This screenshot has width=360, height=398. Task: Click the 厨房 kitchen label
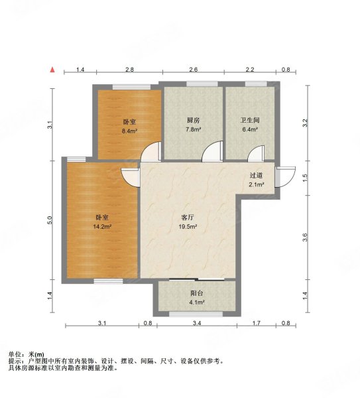point(193,121)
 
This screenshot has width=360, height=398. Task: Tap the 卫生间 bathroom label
point(249,121)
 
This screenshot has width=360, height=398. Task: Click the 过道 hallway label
point(257,176)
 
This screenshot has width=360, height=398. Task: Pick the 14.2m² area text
point(102,226)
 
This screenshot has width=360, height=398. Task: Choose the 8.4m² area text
point(130,131)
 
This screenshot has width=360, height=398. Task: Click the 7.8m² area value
point(193,130)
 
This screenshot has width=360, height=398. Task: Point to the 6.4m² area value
point(249,130)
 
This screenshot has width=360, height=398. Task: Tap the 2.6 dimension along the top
point(193,70)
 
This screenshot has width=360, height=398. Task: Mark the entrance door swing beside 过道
point(286,176)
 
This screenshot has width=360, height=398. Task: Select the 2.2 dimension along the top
point(249,70)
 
